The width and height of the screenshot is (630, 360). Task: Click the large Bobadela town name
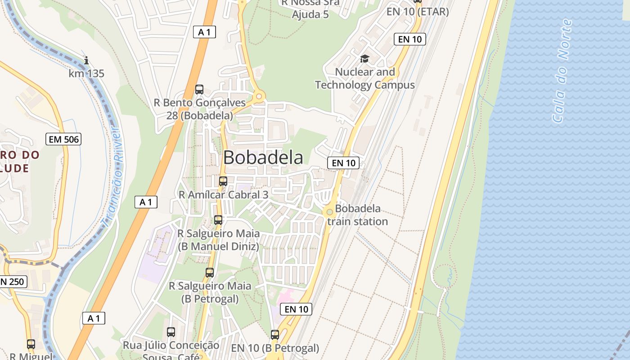[x=263, y=157]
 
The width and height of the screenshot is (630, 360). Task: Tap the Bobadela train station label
[x=358, y=215]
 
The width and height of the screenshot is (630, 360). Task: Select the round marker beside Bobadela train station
[x=329, y=211]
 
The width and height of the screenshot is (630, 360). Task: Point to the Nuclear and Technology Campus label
[x=365, y=78]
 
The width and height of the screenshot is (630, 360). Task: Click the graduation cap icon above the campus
[x=364, y=59]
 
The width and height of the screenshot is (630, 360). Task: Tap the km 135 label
[x=86, y=73]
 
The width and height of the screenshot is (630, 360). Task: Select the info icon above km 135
[x=86, y=60]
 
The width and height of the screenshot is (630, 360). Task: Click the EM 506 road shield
[x=64, y=139]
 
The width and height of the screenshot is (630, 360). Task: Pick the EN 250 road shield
[x=13, y=282]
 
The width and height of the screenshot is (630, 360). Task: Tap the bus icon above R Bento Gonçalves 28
[x=199, y=90]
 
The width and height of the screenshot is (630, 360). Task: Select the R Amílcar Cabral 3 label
[x=224, y=195]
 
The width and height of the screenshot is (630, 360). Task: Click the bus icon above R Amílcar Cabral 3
[x=223, y=181]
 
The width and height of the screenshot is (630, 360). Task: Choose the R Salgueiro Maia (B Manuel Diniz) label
[x=219, y=240]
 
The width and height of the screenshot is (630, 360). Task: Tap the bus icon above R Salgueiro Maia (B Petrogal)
[x=210, y=272]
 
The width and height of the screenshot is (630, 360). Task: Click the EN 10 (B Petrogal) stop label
[x=275, y=348]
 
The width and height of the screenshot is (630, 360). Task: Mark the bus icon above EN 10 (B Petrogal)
[x=275, y=335]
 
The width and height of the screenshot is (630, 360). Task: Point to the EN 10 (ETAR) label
[x=418, y=12]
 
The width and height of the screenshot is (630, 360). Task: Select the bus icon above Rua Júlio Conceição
[x=171, y=332]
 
